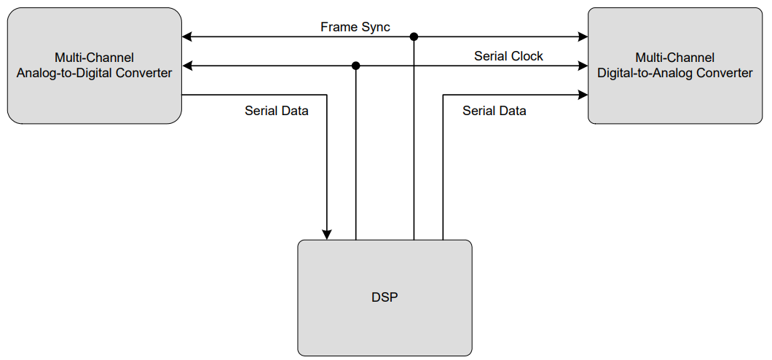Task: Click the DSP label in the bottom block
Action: click(x=385, y=297)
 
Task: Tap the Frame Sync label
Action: click(x=355, y=27)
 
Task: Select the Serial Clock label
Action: click(x=508, y=56)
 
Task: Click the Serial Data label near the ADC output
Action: click(x=276, y=111)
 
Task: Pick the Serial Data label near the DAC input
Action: click(x=494, y=111)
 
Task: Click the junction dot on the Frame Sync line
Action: click(x=414, y=36)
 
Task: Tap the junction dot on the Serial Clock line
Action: click(x=355, y=66)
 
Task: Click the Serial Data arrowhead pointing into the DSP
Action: click(x=327, y=234)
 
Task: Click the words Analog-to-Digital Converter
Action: click(x=94, y=73)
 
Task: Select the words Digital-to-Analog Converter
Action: click(x=674, y=73)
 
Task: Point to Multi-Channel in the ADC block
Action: click(x=94, y=58)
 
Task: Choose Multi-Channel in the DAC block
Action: click(x=674, y=58)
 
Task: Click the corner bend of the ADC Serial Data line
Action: click(x=327, y=95)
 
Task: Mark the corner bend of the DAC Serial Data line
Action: click(x=443, y=95)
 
